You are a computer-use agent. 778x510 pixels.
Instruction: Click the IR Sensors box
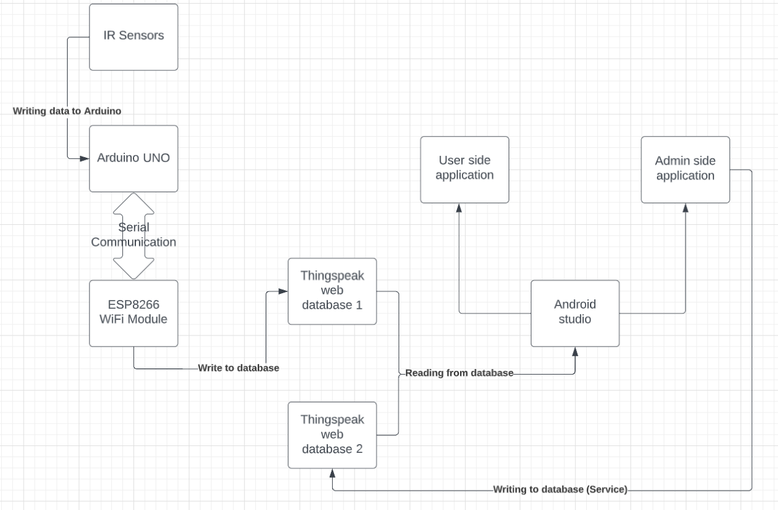coord(133,37)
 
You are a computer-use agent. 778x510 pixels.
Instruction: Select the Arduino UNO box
coord(133,158)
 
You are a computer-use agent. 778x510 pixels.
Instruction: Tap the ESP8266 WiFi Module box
coord(133,313)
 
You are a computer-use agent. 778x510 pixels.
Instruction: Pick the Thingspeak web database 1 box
coord(332,291)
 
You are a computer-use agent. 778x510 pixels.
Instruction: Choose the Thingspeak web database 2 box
coord(332,434)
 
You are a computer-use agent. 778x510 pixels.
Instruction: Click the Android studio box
coord(575,312)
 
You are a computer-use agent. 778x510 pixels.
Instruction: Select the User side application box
coord(464,169)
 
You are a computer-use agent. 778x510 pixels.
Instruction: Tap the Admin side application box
coord(685,169)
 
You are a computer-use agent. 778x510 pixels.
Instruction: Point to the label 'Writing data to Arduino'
coord(67,111)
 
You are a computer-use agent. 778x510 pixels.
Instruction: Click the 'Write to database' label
coord(238,368)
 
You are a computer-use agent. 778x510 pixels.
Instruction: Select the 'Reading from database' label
coord(459,373)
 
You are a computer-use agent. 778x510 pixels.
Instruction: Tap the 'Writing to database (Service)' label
coord(560,490)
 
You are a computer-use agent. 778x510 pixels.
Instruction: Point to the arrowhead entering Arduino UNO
coord(84,158)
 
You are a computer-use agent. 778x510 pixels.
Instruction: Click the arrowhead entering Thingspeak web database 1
coord(283,291)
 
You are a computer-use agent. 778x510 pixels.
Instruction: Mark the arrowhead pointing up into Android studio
coord(575,352)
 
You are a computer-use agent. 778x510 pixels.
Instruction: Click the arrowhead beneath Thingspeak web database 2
coord(332,474)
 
